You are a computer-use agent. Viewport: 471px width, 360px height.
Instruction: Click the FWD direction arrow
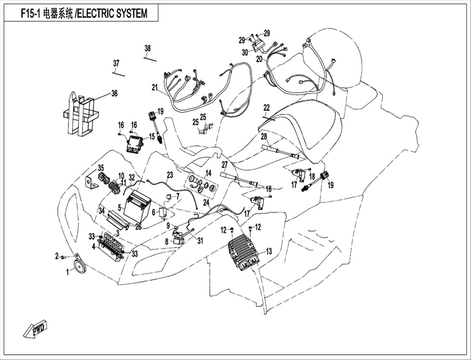(36, 329)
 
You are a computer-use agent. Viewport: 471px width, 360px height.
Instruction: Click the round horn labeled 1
(80, 266)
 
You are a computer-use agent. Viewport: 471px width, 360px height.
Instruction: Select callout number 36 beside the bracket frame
(114, 93)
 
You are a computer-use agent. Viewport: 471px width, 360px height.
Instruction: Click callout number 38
(147, 48)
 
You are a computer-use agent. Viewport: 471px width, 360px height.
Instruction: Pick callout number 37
(116, 63)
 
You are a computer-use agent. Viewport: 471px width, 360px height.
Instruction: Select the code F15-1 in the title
(31, 13)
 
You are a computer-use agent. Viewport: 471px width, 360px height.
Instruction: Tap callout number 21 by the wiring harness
(155, 87)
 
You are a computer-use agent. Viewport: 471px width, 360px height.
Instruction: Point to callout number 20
(259, 59)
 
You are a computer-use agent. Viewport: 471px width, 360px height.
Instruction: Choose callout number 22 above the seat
(266, 107)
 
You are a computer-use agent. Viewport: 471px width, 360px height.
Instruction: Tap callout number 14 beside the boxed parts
(209, 173)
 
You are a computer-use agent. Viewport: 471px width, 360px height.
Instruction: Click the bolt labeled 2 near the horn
(63, 257)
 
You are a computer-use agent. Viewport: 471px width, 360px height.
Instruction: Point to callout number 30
(245, 52)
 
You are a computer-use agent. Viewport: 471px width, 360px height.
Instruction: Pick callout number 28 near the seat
(264, 137)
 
